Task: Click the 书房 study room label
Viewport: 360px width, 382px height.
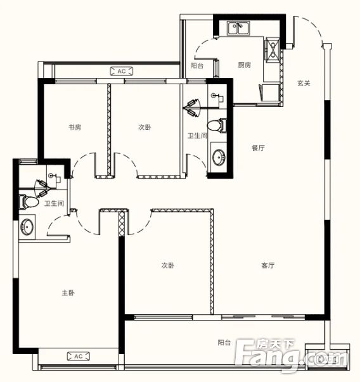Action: tap(75, 127)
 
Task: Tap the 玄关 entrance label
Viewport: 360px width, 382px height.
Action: tap(304, 84)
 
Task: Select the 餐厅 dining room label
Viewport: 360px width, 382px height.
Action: tap(258, 148)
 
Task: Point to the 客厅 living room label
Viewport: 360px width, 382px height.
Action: tap(268, 265)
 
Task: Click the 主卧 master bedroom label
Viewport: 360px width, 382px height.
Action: tap(68, 293)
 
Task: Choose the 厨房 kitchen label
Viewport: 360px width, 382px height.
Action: tap(244, 65)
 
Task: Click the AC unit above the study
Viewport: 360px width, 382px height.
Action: tap(122, 71)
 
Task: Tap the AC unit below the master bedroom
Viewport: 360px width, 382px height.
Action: tap(78, 357)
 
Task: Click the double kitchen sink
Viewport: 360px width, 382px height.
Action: tap(238, 28)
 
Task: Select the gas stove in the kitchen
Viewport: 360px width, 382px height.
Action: tap(272, 49)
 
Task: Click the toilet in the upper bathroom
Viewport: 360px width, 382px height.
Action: tap(217, 125)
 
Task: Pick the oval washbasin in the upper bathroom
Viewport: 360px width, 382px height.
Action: tap(219, 157)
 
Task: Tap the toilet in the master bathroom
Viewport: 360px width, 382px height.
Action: tap(29, 202)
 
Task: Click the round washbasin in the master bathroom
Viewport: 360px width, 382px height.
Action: tap(27, 227)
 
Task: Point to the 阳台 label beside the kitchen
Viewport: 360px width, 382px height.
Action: tap(197, 65)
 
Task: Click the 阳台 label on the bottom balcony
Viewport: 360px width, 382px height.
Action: tap(224, 343)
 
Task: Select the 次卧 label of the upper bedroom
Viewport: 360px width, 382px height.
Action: tap(145, 127)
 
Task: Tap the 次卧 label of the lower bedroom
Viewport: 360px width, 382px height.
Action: tap(168, 265)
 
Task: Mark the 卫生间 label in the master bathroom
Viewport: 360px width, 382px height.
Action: tap(54, 203)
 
